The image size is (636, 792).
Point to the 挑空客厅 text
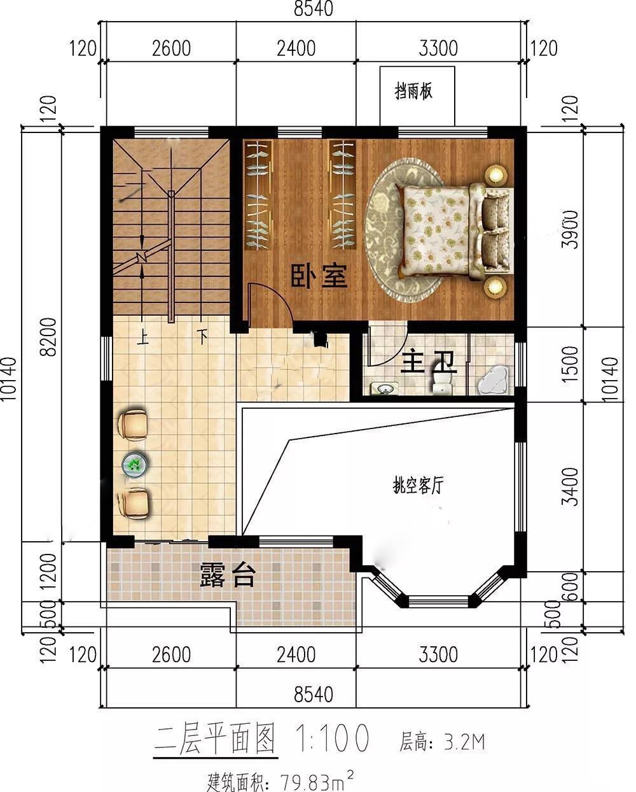click(x=418, y=485)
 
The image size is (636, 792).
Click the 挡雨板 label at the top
click(x=413, y=91)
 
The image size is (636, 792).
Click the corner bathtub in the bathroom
click(x=494, y=381)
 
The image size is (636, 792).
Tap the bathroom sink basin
click(x=385, y=388)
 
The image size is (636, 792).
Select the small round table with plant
click(x=135, y=465)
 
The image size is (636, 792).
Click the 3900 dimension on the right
click(x=570, y=229)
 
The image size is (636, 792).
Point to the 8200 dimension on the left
click(x=48, y=337)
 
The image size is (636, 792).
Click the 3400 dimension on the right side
click(x=570, y=486)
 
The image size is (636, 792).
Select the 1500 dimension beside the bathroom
click(x=570, y=364)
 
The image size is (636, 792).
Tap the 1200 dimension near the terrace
click(x=48, y=572)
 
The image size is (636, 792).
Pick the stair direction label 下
click(x=202, y=336)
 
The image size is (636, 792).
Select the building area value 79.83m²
click(x=317, y=781)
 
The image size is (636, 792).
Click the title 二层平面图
click(x=215, y=738)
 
